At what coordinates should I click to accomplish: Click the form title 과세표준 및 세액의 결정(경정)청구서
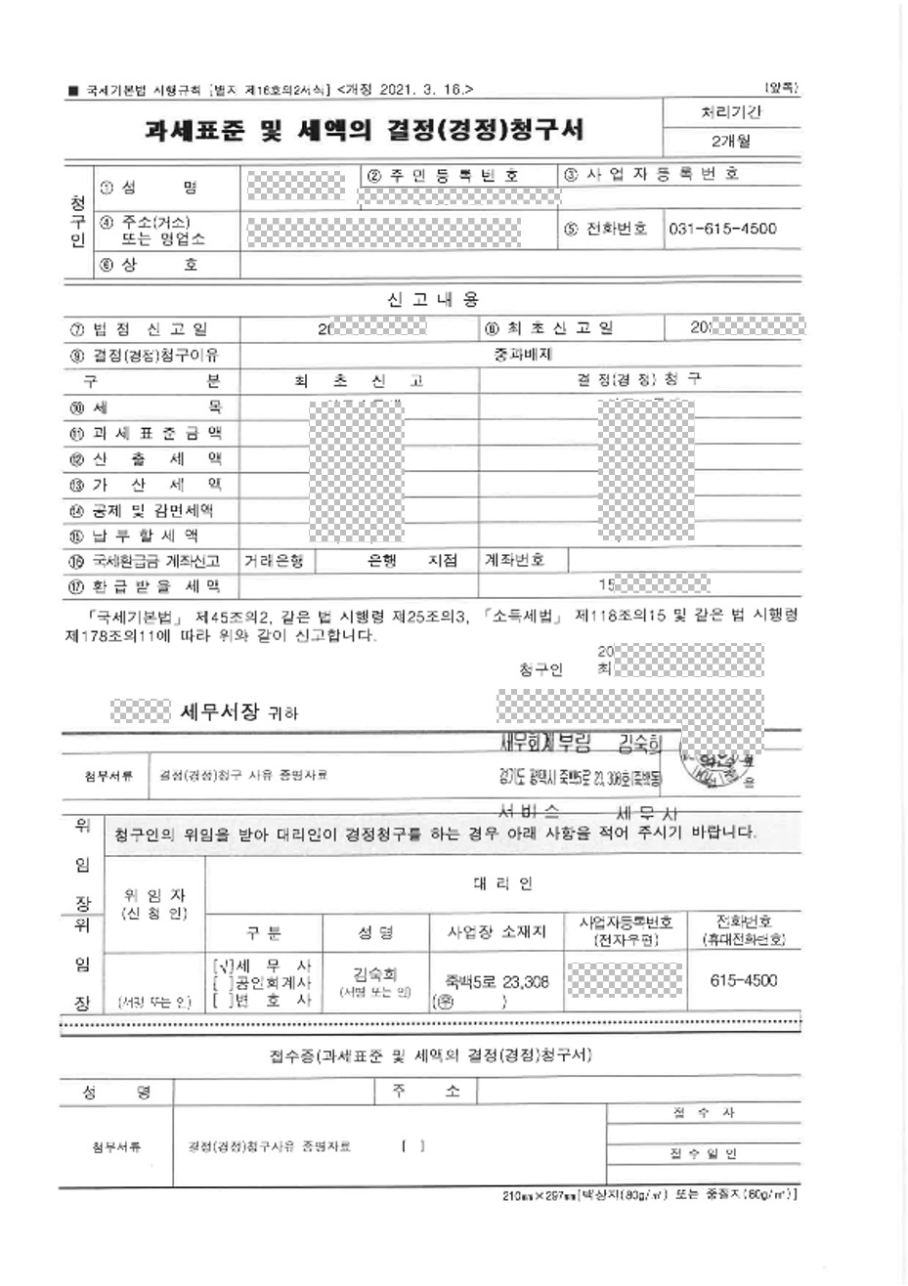[x=364, y=130]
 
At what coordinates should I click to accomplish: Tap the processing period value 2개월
[x=731, y=142]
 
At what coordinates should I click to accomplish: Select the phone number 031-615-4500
[x=723, y=229]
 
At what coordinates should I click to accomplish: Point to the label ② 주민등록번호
[x=444, y=175]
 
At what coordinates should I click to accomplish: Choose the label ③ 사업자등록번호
[x=651, y=174]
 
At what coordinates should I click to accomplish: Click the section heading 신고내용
[x=433, y=299]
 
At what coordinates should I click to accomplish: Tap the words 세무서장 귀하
[x=239, y=713]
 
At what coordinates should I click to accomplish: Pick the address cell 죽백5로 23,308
[x=497, y=983]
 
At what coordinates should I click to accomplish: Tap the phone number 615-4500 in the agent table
[x=745, y=980]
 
